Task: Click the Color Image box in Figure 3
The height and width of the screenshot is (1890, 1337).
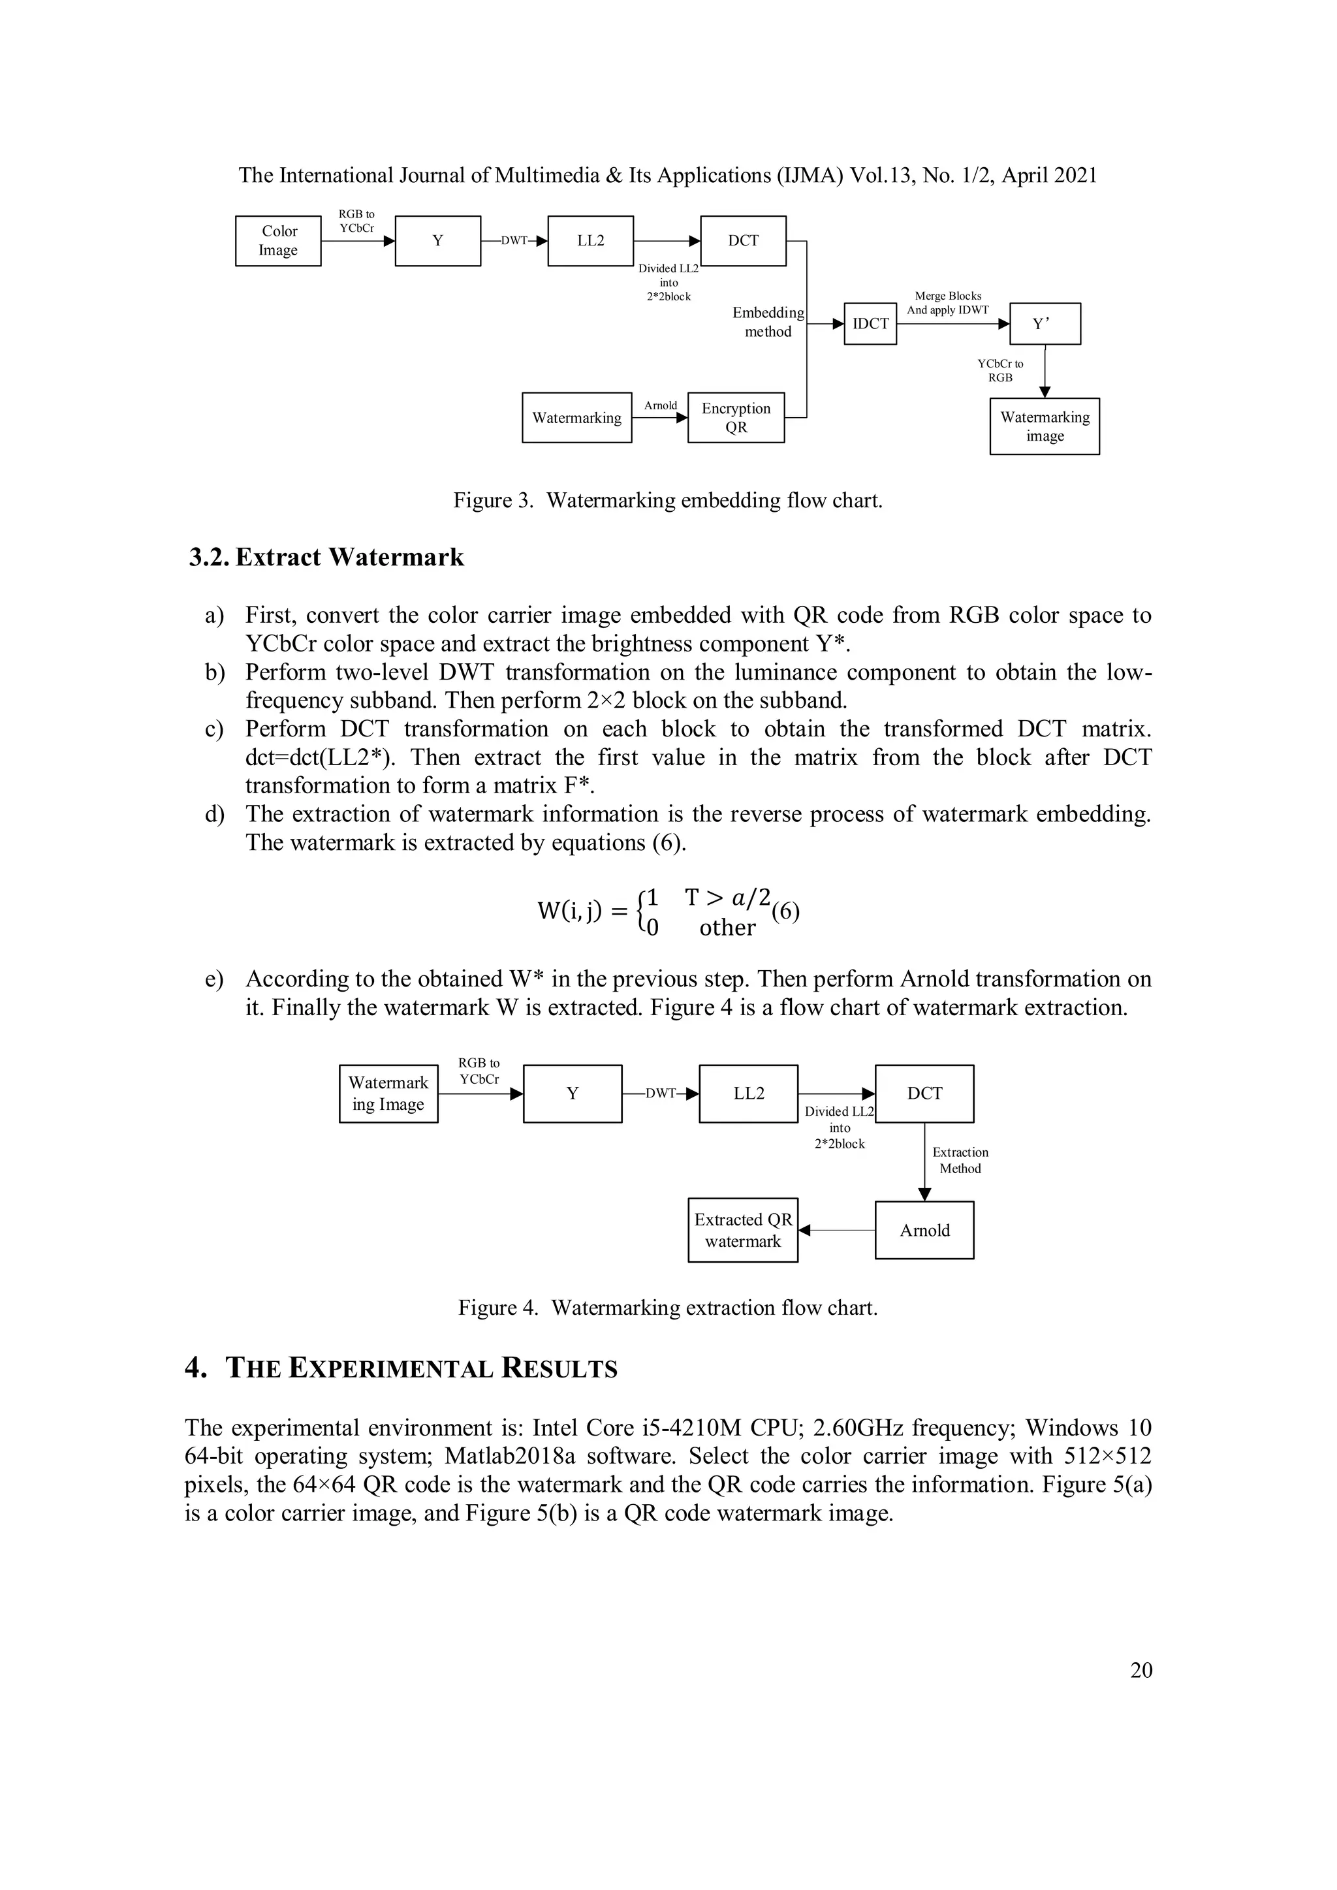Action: coord(278,240)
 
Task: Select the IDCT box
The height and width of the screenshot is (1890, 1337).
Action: coord(870,324)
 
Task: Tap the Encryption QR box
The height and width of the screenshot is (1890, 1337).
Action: coord(736,418)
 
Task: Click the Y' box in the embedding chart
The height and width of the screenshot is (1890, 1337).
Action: coord(1044,324)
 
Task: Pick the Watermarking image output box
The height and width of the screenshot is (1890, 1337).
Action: coord(1044,426)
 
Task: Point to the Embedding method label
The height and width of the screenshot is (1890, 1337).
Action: coord(767,322)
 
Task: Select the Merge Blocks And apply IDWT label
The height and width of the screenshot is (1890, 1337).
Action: coord(948,303)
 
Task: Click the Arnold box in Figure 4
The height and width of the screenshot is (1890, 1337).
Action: coord(924,1231)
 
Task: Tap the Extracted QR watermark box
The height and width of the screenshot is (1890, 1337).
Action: coord(742,1231)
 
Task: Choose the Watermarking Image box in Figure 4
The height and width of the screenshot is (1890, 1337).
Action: coord(388,1093)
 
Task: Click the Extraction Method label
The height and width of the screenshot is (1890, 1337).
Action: coord(960,1161)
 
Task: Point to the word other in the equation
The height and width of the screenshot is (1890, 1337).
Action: coord(727,928)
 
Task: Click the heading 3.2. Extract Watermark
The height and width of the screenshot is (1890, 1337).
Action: coord(327,558)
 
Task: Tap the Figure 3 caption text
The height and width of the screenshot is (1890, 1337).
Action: coord(668,501)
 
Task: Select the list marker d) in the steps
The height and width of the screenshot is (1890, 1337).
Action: coord(214,814)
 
